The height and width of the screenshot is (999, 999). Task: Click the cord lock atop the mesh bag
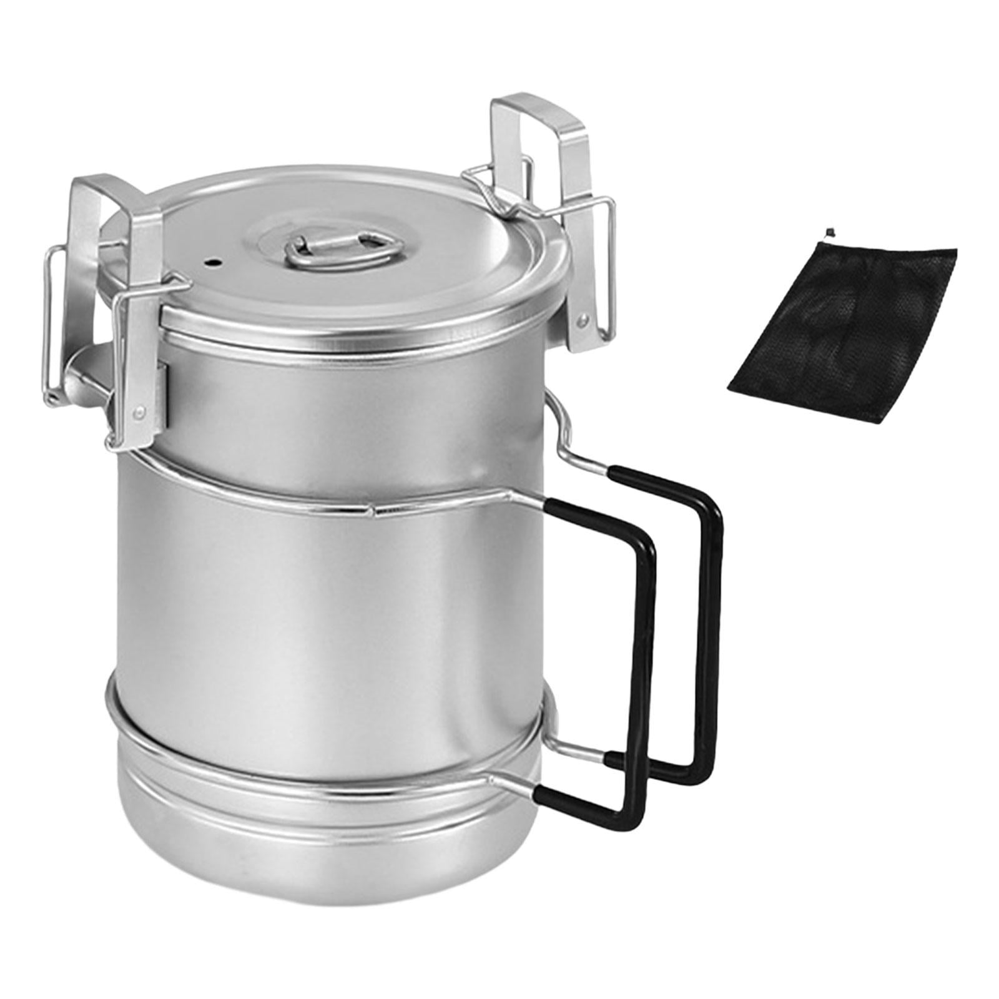click(830, 232)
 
